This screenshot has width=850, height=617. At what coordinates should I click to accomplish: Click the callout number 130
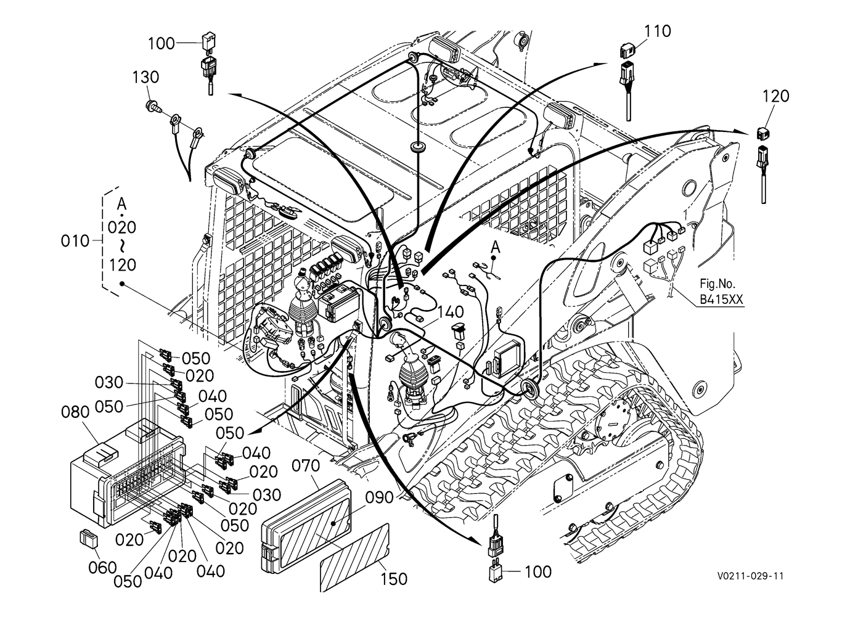point(145,78)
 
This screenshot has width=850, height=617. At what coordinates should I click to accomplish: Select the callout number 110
point(658,31)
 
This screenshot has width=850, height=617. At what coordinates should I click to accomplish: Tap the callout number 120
point(776,96)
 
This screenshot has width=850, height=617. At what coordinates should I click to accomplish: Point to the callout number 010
point(75,241)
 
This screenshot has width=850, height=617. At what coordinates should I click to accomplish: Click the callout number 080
point(76,411)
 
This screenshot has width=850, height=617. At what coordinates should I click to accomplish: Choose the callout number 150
point(394,579)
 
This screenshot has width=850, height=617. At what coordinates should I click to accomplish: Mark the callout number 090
point(378,497)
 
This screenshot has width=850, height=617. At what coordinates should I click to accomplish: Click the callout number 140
point(451,311)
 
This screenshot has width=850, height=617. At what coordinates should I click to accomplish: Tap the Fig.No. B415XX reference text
point(721,292)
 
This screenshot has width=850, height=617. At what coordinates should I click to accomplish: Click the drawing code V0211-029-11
point(750,576)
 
